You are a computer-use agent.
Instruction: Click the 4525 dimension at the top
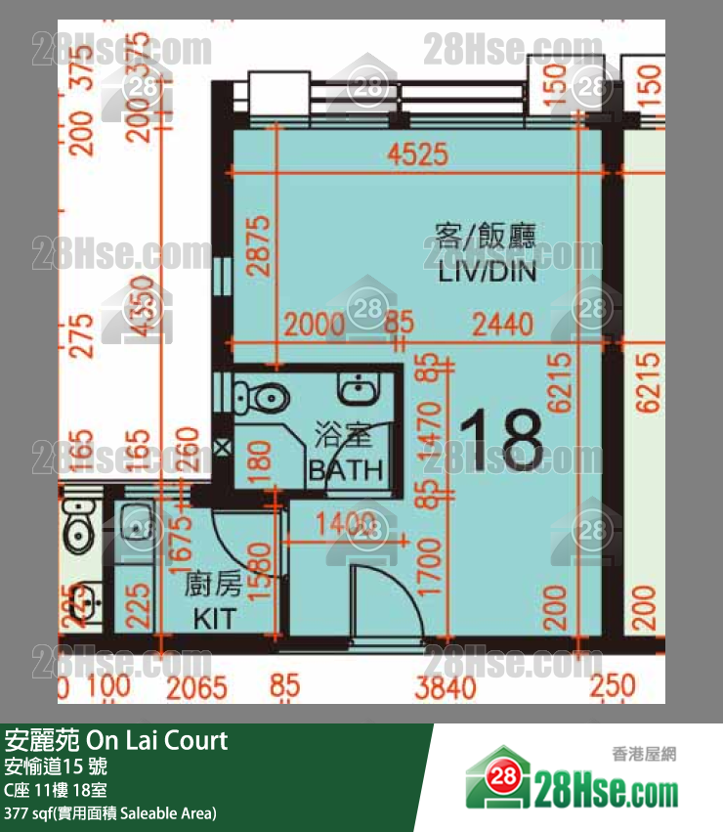(417, 153)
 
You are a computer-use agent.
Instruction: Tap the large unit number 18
(500, 440)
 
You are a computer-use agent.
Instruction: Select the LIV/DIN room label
(488, 273)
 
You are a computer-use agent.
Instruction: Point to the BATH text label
(346, 469)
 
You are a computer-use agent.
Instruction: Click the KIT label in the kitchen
(214, 618)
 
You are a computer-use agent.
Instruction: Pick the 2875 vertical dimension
(257, 247)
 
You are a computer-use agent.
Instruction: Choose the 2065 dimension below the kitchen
(196, 686)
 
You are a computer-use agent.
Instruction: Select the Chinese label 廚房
(214, 587)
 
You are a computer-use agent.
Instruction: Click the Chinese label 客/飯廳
(486, 235)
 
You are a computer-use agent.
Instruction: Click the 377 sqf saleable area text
(110, 812)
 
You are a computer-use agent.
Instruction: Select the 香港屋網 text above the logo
(644, 754)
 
